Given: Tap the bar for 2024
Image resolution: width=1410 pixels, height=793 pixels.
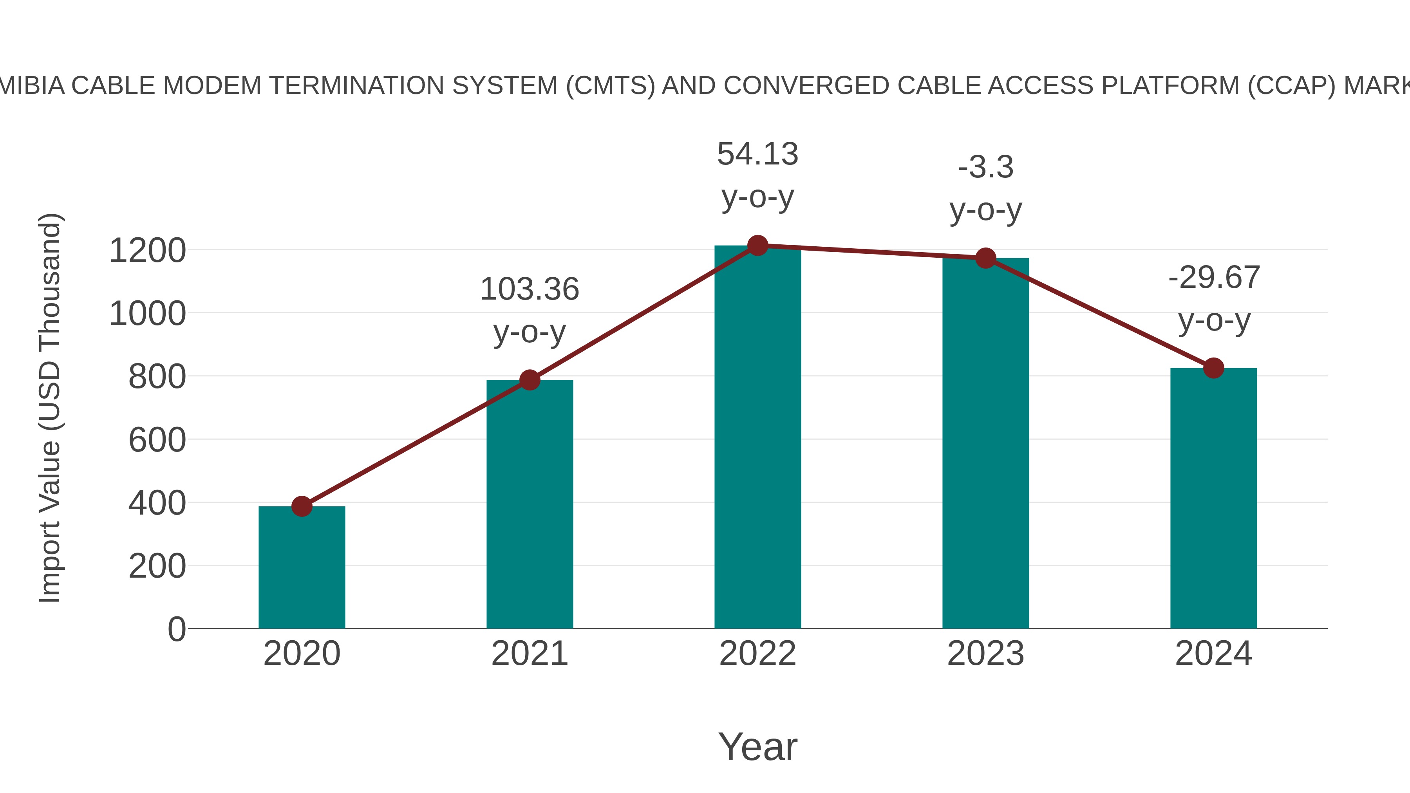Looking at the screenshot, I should click(x=1213, y=498).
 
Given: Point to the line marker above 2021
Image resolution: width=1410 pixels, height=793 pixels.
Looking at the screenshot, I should click(x=529, y=380).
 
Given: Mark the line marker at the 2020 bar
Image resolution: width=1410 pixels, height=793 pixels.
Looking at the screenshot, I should click(x=302, y=506).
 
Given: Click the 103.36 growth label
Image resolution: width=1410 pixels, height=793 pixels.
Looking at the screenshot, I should click(x=529, y=289).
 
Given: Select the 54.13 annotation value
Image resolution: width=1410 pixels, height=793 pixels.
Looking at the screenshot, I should click(x=757, y=154).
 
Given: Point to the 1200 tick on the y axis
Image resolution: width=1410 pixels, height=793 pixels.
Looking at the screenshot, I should click(x=147, y=251).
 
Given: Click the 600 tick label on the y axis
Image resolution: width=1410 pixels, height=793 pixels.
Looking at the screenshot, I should click(x=157, y=440).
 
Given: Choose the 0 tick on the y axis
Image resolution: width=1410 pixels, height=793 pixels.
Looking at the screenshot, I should click(x=176, y=629).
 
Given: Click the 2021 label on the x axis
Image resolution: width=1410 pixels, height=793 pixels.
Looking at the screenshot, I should click(x=529, y=654).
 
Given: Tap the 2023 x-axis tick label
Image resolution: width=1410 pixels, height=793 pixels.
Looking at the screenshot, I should click(x=985, y=654).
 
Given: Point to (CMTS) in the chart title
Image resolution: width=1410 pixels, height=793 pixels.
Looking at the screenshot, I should click(x=610, y=86).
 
